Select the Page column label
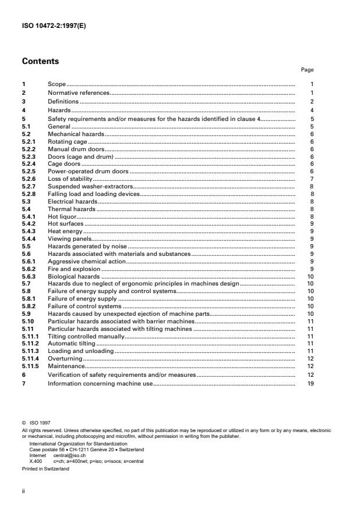[307, 70]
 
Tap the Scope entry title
[56, 84]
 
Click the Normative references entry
[79, 93]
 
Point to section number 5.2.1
[28, 141]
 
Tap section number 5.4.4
[28, 238]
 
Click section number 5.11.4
[30, 359]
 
